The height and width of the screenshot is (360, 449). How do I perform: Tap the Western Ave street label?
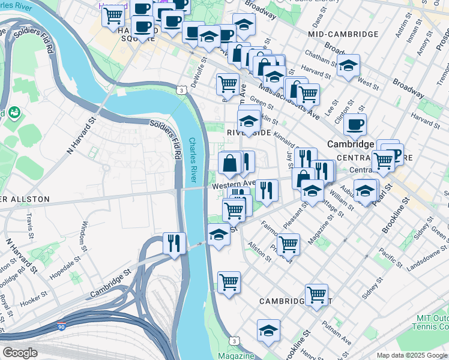[x=234, y=184]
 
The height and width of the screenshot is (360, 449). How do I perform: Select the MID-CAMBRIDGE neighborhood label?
[x=343, y=35]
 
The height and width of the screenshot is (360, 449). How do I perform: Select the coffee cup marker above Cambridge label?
[x=355, y=124]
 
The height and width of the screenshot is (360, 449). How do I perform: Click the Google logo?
[x=20, y=352]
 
